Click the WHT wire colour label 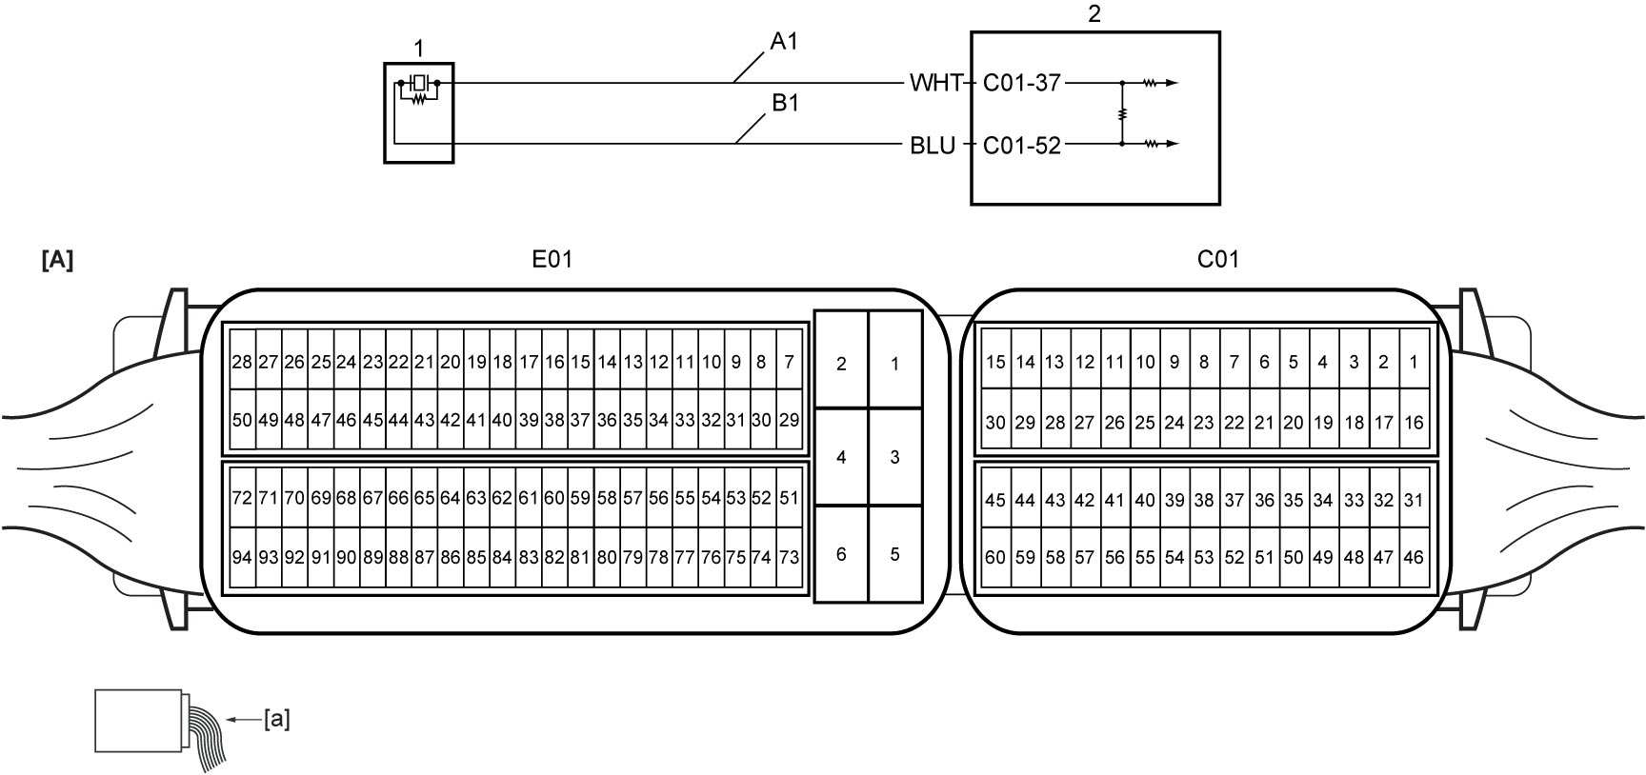935,83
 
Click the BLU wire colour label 933,146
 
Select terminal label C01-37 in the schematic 1021,83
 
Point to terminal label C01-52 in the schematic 1021,146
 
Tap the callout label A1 784,41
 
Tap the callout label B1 785,103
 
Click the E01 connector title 552,259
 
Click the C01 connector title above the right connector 1218,259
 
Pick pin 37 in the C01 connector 1234,500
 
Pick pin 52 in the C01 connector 1234,557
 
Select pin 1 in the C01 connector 1414,362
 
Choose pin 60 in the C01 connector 995,557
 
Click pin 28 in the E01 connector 242,362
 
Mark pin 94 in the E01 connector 242,557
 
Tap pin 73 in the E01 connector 789,557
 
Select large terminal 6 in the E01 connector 841,554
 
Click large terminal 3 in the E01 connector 894,457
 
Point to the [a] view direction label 277,720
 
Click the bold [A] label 57,260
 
